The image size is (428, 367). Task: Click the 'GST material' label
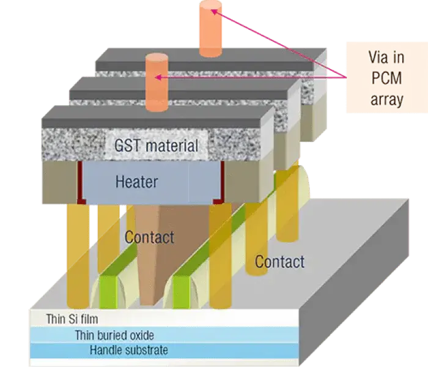point(157,146)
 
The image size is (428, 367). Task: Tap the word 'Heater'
point(136,182)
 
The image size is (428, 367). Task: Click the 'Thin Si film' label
point(72,319)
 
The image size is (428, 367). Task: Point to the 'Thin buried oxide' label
point(114,335)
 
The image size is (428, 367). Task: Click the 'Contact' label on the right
point(279,262)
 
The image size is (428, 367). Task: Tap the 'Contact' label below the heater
point(149,237)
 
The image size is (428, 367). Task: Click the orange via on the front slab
point(157,83)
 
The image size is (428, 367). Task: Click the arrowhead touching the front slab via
point(159,77)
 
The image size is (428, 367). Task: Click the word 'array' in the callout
point(387,100)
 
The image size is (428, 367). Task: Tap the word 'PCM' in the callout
point(387,80)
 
